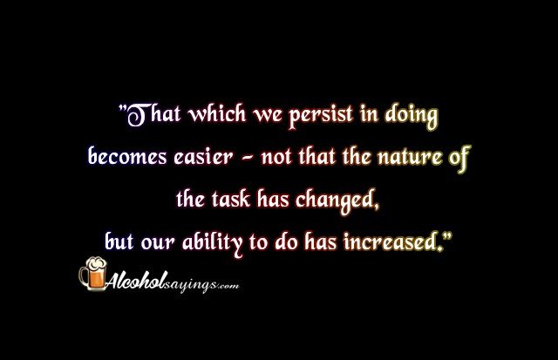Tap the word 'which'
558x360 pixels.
(x=217, y=114)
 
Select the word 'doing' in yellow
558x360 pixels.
(x=412, y=116)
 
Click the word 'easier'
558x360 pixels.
(x=203, y=157)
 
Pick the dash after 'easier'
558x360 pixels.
(x=248, y=158)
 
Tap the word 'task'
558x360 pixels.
(x=231, y=199)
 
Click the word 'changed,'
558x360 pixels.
(x=337, y=200)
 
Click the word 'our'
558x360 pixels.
(x=158, y=243)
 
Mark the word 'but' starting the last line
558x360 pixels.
(x=119, y=241)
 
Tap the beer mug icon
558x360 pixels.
(x=93, y=274)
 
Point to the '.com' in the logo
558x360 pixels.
(x=228, y=286)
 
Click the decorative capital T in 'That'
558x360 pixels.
(x=137, y=115)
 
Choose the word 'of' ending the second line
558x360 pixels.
(x=459, y=158)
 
